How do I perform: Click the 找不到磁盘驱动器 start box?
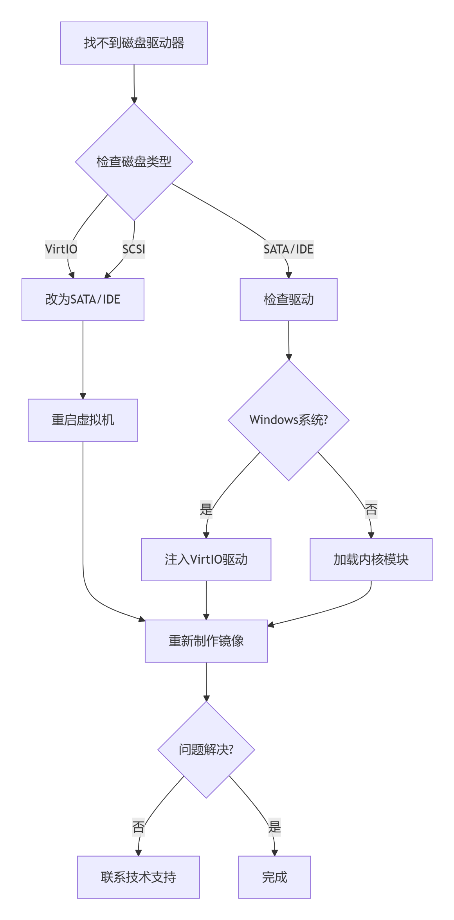(x=134, y=43)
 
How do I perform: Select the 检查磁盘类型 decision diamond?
(x=134, y=162)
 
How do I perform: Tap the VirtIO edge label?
(x=61, y=249)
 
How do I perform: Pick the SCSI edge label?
(x=134, y=249)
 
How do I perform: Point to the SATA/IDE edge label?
(x=288, y=249)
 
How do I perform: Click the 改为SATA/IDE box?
(x=83, y=300)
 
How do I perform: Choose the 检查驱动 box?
(x=288, y=300)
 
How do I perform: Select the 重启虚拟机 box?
(x=83, y=420)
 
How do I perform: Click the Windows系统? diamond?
(x=288, y=420)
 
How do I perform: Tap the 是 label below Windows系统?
(x=206, y=509)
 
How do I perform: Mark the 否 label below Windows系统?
(x=371, y=509)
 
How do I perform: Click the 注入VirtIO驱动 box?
(x=206, y=560)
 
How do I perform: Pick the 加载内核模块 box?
(x=371, y=560)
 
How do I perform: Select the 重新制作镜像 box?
(x=206, y=641)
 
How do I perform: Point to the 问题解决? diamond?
(x=206, y=749)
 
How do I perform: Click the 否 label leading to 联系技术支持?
(x=139, y=827)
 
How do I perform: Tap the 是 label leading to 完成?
(x=275, y=827)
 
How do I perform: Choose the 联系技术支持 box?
(x=139, y=877)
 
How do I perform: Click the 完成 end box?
(x=275, y=877)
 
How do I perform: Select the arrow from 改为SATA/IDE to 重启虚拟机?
(x=83, y=360)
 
